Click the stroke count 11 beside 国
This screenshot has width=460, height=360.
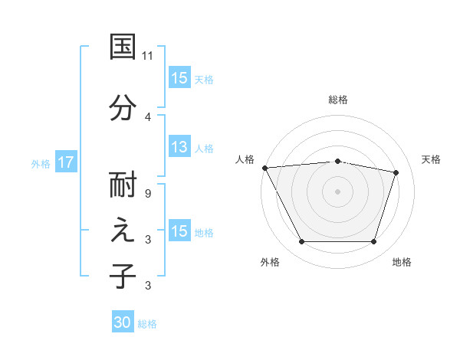[x=148, y=56]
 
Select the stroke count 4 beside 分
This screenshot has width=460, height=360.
[x=148, y=116]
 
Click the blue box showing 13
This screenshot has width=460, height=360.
[x=179, y=148]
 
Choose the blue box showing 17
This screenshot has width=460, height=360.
[x=66, y=162]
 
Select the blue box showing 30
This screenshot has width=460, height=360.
[x=123, y=323]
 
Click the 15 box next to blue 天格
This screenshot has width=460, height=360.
[x=179, y=78]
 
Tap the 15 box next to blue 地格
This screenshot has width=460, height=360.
[x=179, y=231]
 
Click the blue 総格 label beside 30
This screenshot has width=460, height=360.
[x=147, y=324]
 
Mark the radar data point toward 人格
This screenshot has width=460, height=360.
[x=264, y=168]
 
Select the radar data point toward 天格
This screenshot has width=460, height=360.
[x=396, y=172]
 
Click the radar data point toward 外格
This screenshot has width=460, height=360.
[x=301, y=242]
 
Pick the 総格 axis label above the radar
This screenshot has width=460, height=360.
[x=338, y=100]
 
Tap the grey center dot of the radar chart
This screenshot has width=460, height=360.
[x=338, y=191]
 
